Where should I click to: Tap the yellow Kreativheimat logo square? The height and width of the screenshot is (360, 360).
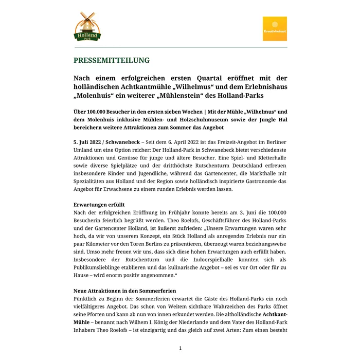coord(275,29)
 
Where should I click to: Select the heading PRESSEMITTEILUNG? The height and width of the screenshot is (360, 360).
coord(112,60)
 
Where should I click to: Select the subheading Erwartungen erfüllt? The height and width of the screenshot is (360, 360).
coord(99,204)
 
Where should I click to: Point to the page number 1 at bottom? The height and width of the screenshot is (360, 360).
coord(181,348)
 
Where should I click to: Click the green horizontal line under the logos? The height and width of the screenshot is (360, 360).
coord(180,47)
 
